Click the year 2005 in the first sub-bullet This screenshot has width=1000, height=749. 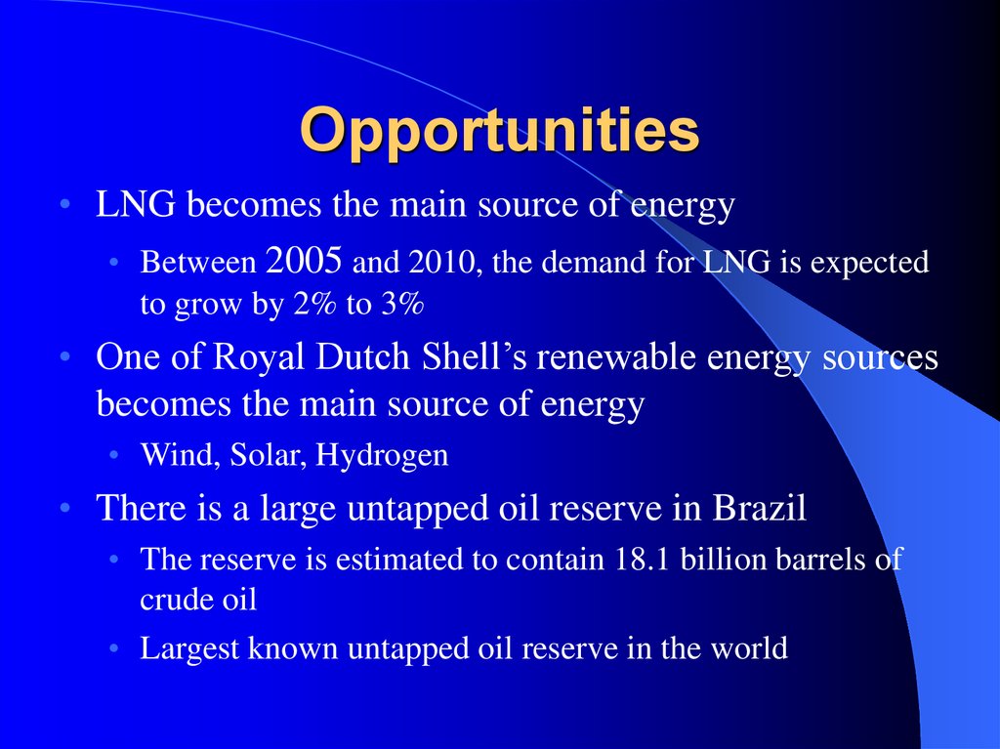pyautogui.click(x=304, y=261)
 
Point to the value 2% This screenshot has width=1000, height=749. pyautogui.click(x=314, y=304)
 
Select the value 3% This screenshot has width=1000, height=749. pyautogui.click(x=402, y=304)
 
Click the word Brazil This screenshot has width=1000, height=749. pyautogui.click(x=759, y=508)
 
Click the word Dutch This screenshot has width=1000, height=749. pyautogui.click(x=362, y=356)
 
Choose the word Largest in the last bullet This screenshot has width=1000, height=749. pyautogui.click(x=188, y=649)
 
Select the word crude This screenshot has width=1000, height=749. pyautogui.click(x=168, y=599)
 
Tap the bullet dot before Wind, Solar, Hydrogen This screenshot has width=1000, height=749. pyautogui.click(x=114, y=455)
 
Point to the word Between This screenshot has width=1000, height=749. pyautogui.click(x=198, y=263)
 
